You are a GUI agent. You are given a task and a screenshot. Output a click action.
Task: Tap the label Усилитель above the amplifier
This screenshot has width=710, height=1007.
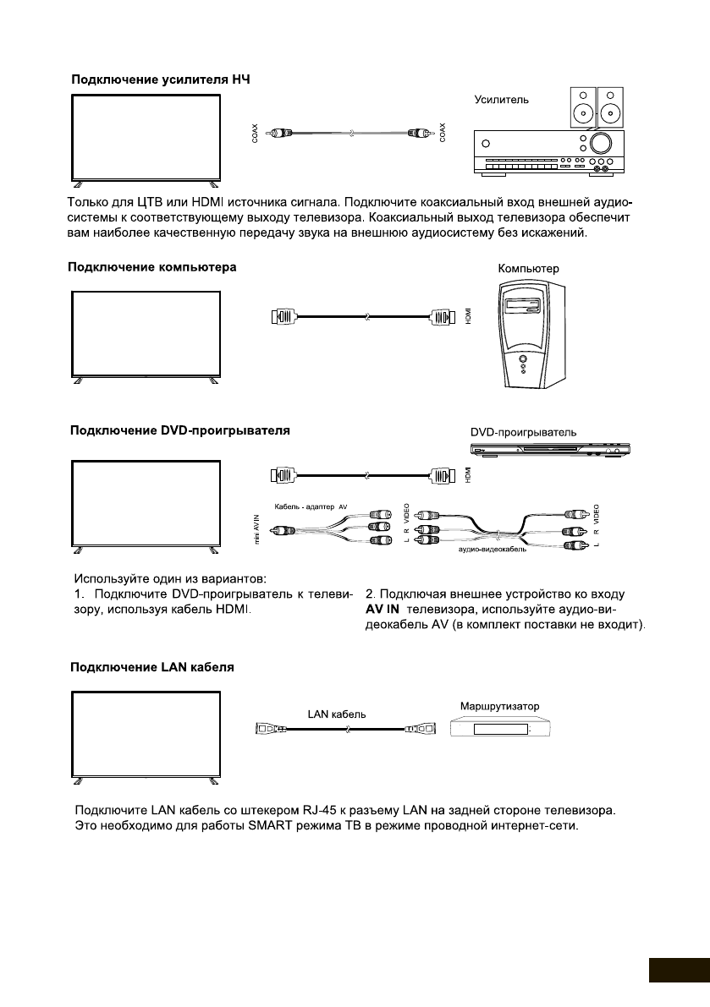point(501,100)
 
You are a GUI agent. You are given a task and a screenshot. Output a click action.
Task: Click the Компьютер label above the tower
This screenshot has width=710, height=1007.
point(529,268)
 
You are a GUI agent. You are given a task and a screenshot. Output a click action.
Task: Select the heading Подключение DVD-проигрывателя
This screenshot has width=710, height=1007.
point(179,430)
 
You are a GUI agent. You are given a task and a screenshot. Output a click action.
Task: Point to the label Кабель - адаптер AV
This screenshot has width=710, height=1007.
point(311,506)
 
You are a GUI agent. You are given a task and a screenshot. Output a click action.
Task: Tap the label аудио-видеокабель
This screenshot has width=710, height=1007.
point(494,550)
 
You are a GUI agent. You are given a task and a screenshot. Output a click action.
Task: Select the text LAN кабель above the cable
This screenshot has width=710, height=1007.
point(337,714)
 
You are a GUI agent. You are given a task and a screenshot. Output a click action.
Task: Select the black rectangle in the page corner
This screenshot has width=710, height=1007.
point(679,970)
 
